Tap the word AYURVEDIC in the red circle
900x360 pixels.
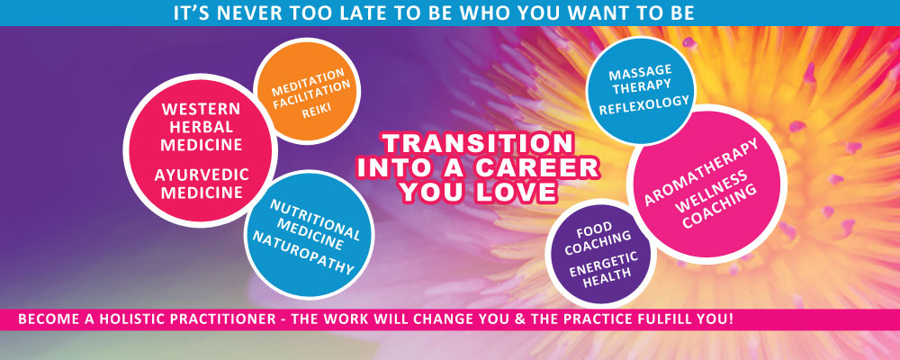pyautogui.click(x=202, y=175)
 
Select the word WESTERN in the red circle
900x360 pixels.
pyautogui.click(x=201, y=109)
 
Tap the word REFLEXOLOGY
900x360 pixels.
pyautogui.click(x=644, y=105)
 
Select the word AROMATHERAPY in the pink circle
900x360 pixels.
pyautogui.click(x=701, y=171)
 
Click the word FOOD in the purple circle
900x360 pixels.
pyautogui.click(x=594, y=230)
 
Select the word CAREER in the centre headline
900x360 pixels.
pyautogui.click(x=535, y=168)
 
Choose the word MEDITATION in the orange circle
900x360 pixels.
pyautogui.click(x=308, y=82)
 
